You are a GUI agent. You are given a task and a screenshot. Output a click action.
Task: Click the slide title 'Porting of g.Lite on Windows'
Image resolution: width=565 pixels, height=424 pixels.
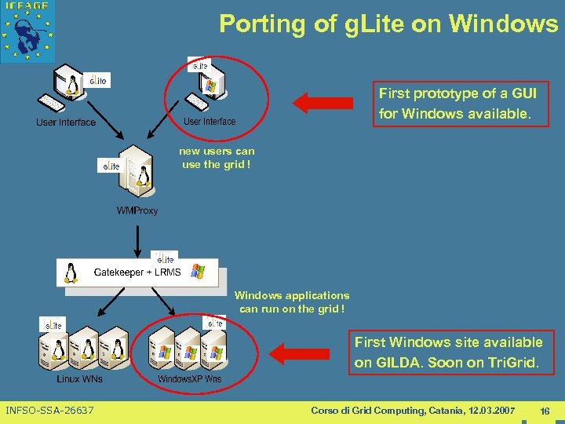coord(388,24)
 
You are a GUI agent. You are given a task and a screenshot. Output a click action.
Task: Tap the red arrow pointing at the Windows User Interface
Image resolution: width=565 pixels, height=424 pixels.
coord(323,101)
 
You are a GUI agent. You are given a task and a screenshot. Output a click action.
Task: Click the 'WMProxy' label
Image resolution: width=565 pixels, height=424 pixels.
coord(137,210)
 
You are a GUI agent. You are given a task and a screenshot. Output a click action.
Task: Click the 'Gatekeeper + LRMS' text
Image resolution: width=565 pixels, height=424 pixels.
coord(137,272)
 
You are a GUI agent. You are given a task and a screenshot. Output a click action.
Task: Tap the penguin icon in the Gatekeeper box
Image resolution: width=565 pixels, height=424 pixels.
coord(72,272)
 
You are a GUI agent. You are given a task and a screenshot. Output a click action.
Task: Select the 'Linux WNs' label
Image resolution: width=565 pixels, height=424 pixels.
coord(79,379)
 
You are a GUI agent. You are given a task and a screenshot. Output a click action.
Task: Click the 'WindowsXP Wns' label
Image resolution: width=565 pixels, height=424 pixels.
coord(190,379)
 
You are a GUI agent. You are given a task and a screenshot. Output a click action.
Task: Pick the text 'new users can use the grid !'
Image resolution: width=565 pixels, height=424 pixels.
coord(217,158)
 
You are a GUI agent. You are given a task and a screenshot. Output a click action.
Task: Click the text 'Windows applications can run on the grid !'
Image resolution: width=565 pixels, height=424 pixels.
coord(292,302)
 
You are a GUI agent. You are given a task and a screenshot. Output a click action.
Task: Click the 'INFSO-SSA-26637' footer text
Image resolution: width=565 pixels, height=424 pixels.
coord(49,411)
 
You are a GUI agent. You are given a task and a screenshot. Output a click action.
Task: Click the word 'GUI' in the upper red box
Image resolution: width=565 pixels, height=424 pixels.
coord(523,93)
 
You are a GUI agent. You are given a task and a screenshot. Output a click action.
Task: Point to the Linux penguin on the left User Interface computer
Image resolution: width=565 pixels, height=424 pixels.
coord(75,83)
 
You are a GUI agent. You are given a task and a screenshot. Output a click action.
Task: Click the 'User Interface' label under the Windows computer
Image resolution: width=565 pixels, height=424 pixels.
coord(210,122)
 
